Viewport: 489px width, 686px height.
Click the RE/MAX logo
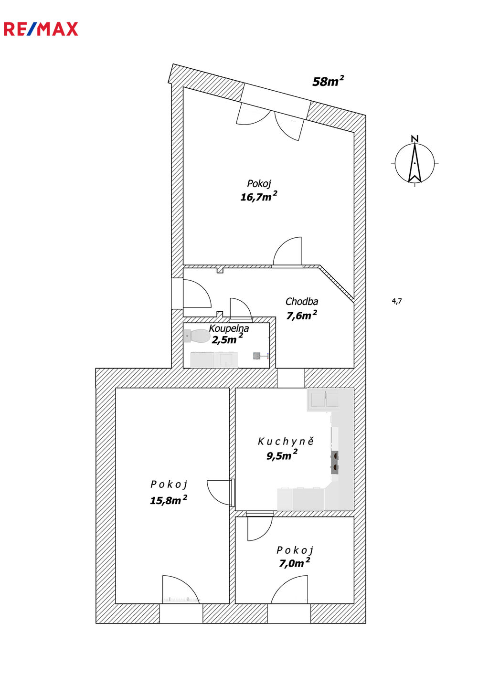point(41,29)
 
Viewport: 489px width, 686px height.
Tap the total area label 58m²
point(328,82)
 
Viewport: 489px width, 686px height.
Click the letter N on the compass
point(415,139)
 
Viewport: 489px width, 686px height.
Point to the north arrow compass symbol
point(415,163)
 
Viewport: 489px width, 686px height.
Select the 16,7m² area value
point(258,197)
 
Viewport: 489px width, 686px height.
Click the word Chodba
point(301,302)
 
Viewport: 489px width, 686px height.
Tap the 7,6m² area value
point(301,316)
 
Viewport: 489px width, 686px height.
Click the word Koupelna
point(229,328)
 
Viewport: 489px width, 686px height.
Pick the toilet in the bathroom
point(196,336)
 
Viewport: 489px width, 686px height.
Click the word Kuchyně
point(286,442)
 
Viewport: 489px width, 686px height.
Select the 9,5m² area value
point(281,456)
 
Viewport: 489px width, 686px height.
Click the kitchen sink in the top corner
point(323,399)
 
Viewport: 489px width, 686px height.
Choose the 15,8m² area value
point(168,500)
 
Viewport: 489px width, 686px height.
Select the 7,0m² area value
point(294,563)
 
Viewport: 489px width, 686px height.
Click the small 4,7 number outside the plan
point(397,301)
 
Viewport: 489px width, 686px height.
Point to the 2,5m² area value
point(226,340)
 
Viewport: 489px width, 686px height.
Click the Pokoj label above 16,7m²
point(259,184)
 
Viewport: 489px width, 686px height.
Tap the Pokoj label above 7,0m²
point(295,550)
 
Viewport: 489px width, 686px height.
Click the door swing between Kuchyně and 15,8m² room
point(220,492)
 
